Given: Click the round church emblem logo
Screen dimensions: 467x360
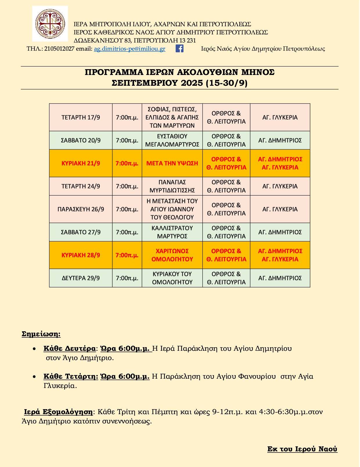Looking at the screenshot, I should pos(50,23).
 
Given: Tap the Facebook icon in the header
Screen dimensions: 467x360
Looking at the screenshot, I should pos(179,49).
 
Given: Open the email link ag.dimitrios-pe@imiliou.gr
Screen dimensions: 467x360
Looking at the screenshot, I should pos(129,49).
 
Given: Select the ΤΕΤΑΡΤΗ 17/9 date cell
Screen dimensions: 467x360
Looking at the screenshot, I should pos(81,117).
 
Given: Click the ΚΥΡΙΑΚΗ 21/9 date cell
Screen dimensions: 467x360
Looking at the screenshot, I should pos(81,163).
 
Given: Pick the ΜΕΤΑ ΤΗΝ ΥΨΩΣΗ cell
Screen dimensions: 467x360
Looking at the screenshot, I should pos(172,163).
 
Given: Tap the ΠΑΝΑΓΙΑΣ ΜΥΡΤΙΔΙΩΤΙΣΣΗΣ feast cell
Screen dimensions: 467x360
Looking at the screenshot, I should pos(172,186).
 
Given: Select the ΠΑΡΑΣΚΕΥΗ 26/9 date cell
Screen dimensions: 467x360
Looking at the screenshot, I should pos(81,209).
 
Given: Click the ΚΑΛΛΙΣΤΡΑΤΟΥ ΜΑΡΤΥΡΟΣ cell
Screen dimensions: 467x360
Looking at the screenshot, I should pos(172,232).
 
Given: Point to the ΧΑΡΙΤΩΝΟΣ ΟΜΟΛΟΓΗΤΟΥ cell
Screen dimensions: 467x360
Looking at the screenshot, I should pos(172,255).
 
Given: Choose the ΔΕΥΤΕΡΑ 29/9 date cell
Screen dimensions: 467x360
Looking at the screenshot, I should pos(81,278).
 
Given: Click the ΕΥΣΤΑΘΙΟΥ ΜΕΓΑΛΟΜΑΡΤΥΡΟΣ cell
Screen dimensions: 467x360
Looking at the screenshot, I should pos(172,140).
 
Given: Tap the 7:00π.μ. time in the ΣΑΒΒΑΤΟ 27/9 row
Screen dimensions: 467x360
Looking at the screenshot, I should pos(127,232).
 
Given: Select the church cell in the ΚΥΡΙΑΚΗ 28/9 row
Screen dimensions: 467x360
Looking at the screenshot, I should pos(280,255).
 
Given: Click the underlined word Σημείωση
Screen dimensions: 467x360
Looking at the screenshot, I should pos(41,334).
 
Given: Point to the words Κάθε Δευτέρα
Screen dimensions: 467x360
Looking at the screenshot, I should pos(69,348).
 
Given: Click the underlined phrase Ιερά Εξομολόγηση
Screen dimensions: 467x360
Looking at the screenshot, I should pos(58,412).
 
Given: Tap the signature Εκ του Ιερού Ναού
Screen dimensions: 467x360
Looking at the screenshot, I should pos(302,449).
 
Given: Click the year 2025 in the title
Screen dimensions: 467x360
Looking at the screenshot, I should pos(192,83).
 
